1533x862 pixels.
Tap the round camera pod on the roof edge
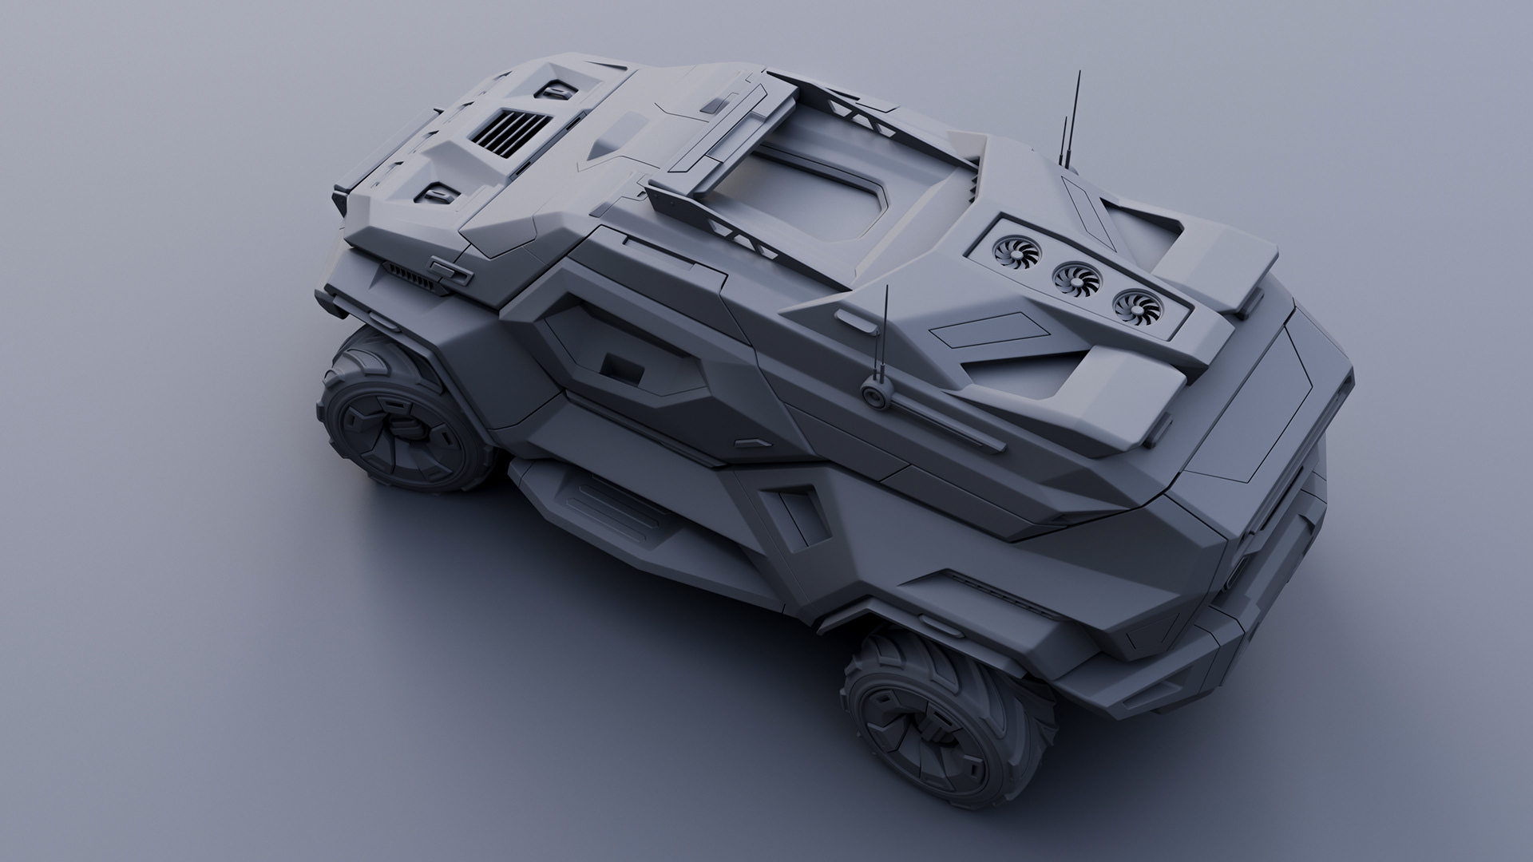point(876,394)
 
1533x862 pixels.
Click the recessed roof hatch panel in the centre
point(798,204)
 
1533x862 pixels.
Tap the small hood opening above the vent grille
point(553,91)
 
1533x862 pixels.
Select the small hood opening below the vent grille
point(441,192)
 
